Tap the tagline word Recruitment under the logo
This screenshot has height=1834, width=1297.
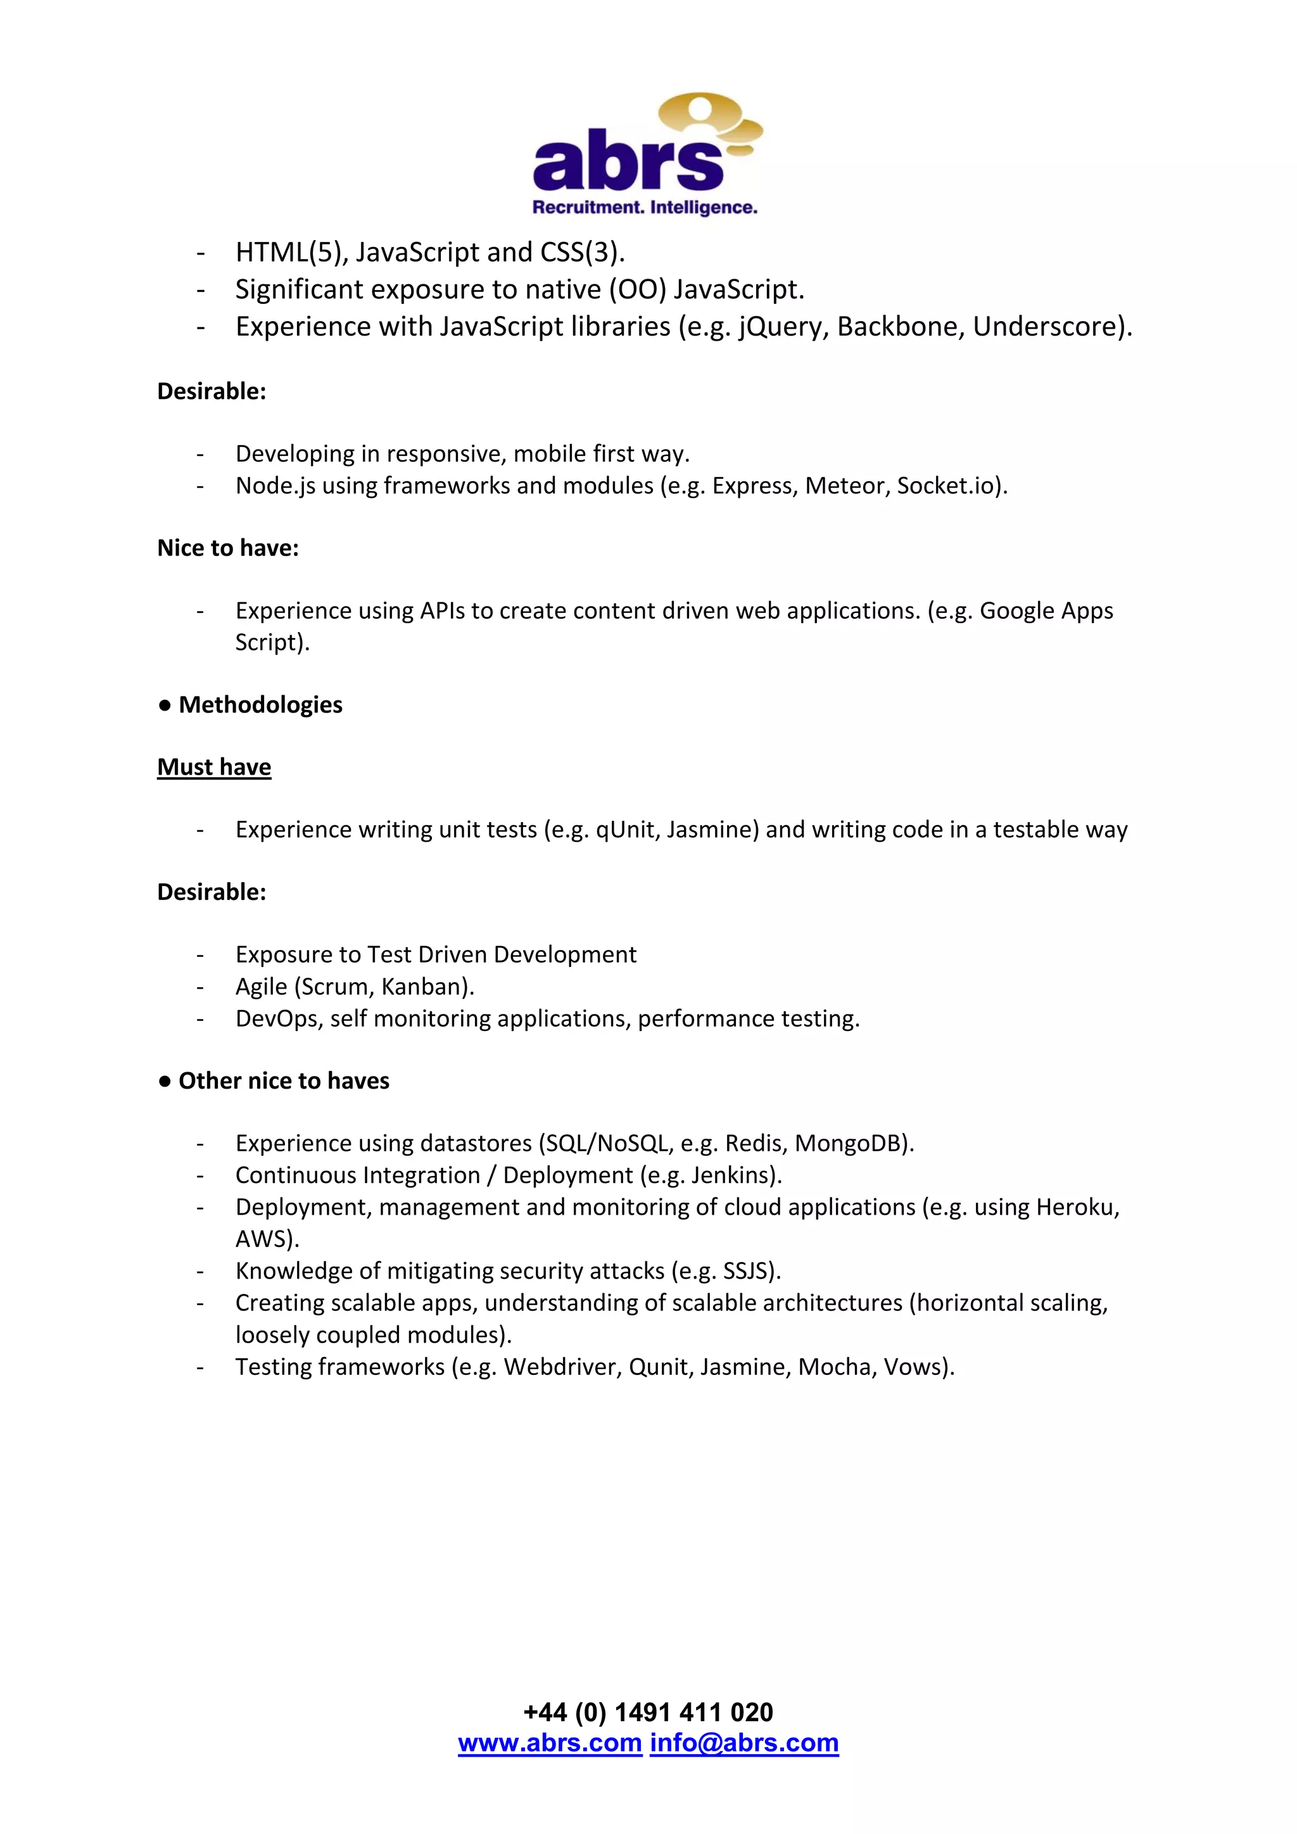(588, 208)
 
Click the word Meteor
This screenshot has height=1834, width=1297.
(845, 486)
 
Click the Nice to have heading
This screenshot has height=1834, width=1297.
(227, 548)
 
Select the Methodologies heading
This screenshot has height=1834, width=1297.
(260, 704)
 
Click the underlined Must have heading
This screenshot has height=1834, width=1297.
(214, 767)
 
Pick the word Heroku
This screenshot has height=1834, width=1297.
(1076, 1207)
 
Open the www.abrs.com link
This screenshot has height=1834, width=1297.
(550, 1742)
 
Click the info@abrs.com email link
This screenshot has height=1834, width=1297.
(744, 1742)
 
